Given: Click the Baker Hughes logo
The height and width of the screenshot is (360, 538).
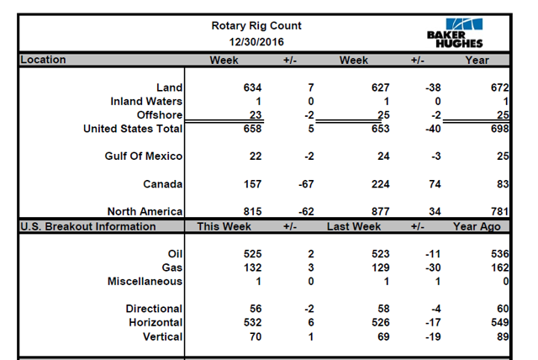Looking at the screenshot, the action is pyautogui.click(x=455, y=33).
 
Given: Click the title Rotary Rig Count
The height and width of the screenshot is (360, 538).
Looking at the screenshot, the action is pyautogui.click(x=256, y=26).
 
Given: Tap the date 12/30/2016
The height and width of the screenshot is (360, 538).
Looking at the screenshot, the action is pyautogui.click(x=256, y=42).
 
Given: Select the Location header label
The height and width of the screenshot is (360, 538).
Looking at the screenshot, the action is pyautogui.click(x=43, y=60).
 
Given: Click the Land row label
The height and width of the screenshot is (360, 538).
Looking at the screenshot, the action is pyautogui.click(x=169, y=87).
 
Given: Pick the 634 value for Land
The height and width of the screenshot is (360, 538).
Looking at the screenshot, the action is pyautogui.click(x=252, y=87).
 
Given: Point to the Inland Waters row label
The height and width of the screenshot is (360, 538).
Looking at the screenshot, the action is pyautogui.click(x=146, y=101).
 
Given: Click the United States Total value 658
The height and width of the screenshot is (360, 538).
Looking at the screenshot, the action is pyautogui.click(x=252, y=129).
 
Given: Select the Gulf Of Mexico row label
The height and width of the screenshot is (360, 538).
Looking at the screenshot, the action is pyautogui.click(x=144, y=156).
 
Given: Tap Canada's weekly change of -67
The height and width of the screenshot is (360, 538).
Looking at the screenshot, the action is pyautogui.click(x=306, y=184).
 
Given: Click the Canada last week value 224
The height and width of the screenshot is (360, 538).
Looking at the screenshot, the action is pyautogui.click(x=381, y=184).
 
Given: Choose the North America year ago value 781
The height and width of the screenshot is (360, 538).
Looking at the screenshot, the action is pyautogui.click(x=499, y=211).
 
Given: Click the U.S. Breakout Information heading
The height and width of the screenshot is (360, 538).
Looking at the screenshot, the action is pyautogui.click(x=87, y=226).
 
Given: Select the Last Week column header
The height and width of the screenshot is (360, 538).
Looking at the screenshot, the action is pyautogui.click(x=354, y=226).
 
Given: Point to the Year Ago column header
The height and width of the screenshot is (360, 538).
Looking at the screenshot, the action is pyautogui.click(x=477, y=226).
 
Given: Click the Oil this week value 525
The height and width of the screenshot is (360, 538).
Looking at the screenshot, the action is pyautogui.click(x=252, y=254).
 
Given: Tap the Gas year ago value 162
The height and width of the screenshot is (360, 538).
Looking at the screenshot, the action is pyautogui.click(x=499, y=267).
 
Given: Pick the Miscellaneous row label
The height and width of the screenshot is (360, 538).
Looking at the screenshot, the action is pyautogui.click(x=145, y=282).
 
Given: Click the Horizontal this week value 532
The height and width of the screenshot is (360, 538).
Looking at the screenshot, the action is pyautogui.click(x=252, y=323).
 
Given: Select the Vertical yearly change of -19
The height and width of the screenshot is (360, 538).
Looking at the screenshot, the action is pyautogui.click(x=433, y=336).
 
